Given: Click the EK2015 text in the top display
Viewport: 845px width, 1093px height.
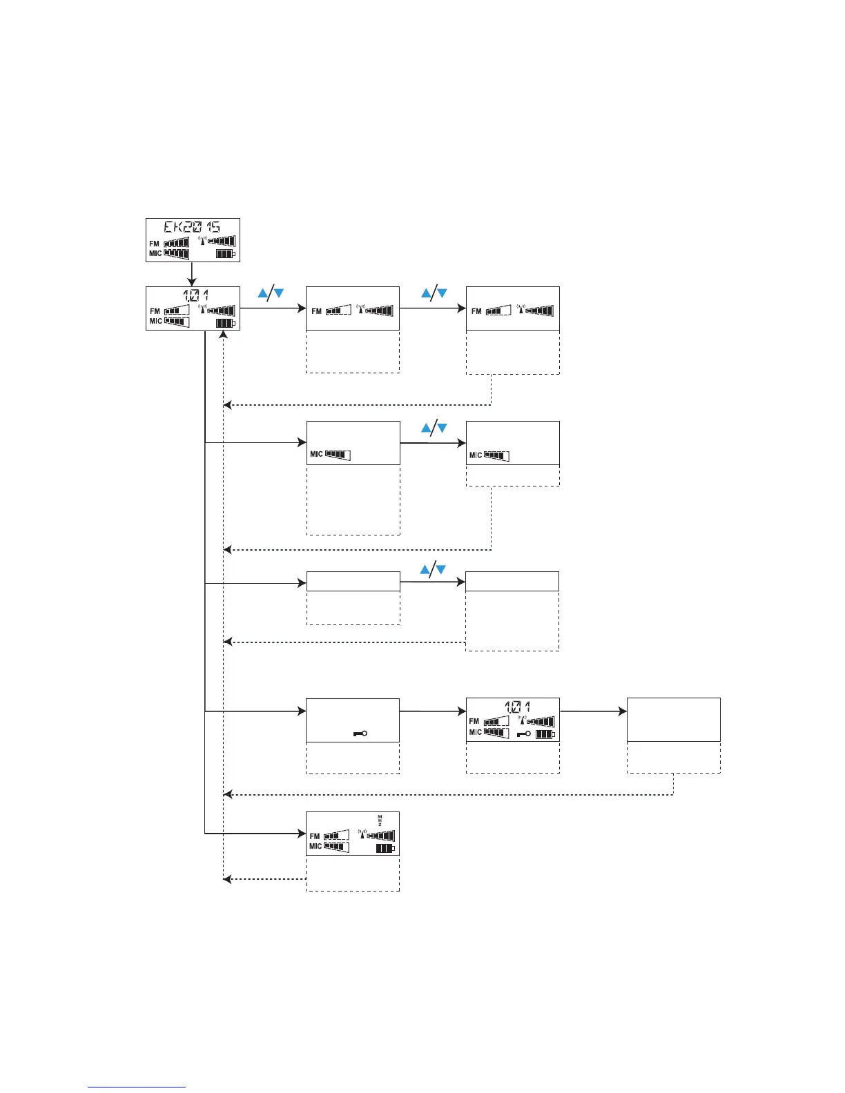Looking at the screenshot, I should pos(192,228).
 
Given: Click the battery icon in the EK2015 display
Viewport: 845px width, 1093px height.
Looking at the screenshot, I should pos(226,254).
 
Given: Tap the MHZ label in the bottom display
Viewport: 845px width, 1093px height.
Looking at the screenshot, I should pos(379,820).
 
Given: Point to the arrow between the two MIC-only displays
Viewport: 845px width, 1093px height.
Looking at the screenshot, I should pos(433,443).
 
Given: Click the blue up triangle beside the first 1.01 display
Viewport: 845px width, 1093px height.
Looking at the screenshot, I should pos(263,293).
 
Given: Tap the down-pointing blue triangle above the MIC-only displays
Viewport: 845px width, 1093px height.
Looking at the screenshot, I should pos(443,429).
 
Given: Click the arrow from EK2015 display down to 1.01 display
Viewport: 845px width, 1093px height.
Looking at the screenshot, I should pos(192,275).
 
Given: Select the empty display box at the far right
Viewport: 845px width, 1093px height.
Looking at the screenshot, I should pos(673,720).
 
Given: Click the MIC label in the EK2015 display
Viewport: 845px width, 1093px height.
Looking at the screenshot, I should pos(155,253).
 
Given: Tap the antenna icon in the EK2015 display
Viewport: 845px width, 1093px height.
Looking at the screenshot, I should pos(202,241).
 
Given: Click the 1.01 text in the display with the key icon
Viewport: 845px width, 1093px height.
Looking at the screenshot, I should pos(518,707).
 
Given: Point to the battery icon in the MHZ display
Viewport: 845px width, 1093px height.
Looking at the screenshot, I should pos(385,848).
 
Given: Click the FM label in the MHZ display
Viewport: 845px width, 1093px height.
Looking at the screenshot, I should pos(315,836).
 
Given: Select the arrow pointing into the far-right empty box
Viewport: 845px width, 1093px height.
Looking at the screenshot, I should pos(594,711).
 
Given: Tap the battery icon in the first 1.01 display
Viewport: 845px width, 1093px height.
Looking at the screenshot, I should pos(226,323).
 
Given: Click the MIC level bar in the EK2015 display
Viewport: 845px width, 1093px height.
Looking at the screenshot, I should pos(177,253).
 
